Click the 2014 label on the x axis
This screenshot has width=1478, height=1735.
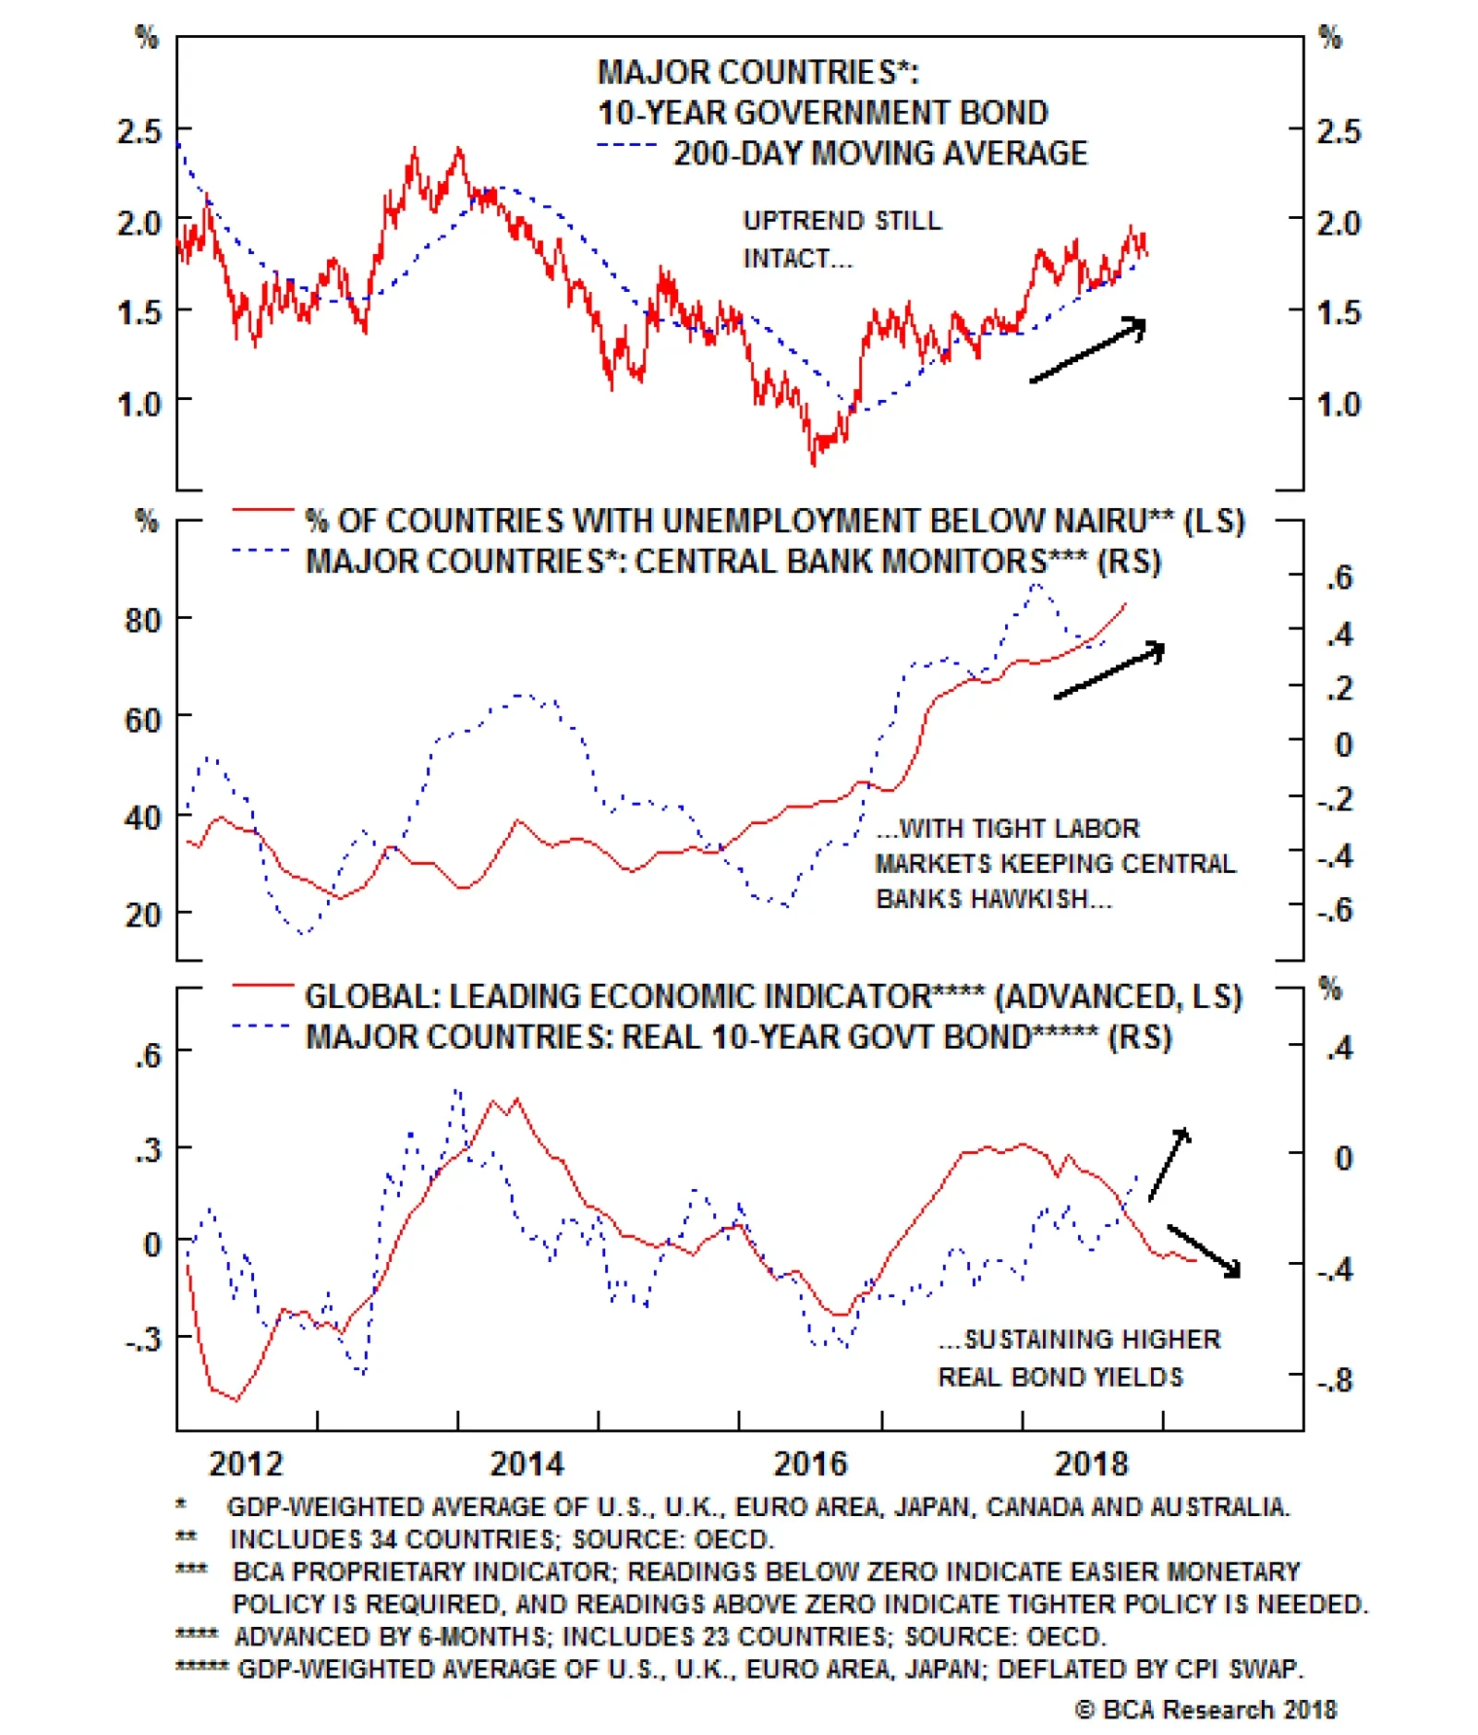click(526, 1462)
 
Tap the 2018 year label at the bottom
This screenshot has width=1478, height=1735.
click(1091, 1462)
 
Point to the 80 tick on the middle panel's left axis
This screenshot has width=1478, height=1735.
click(143, 620)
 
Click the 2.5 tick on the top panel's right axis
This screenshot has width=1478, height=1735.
click(1339, 131)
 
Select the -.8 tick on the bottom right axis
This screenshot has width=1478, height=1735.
click(1335, 1380)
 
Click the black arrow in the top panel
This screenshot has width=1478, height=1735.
click(1089, 349)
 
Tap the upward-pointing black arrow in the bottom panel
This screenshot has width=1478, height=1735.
click(1169, 1163)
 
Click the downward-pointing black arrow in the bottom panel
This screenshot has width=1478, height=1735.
click(1205, 1251)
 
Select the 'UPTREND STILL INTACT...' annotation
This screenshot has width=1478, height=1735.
click(842, 239)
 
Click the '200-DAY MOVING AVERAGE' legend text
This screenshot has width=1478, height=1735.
click(879, 153)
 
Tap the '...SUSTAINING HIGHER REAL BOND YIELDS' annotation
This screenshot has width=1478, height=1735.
click(1078, 1357)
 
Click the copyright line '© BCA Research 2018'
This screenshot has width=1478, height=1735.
click(1205, 1709)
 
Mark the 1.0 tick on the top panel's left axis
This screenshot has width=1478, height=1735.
click(139, 404)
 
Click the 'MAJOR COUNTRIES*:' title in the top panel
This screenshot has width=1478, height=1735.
click(757, 72)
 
